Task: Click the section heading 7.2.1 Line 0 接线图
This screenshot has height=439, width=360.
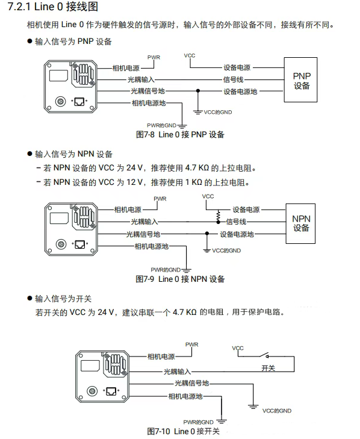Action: pos(52,8)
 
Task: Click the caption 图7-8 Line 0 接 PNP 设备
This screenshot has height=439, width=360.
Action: pos(180,134)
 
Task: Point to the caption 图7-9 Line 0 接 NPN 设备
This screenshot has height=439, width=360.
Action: pos(180,279)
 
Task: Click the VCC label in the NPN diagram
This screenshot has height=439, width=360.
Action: pos(208,197)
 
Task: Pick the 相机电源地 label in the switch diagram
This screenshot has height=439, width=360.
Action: pos(185,396)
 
